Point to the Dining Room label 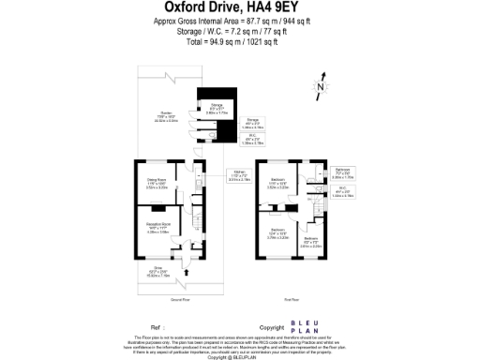point(155,183)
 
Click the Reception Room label point(157,228)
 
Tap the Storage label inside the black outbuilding point(217,108)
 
